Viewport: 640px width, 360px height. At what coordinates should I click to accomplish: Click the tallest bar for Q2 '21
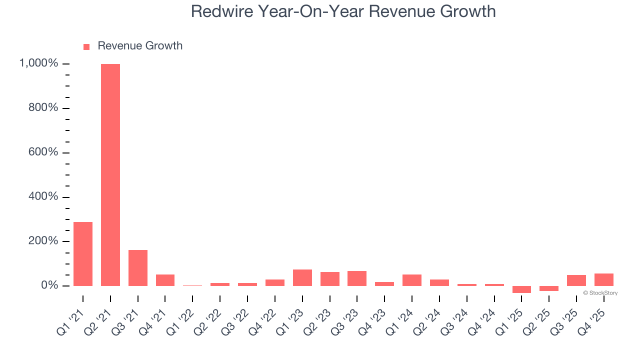[x=110, y=175]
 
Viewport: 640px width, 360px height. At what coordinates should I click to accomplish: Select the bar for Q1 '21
[x=83, y=254]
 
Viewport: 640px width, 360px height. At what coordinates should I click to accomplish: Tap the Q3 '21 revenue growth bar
[x=138, y=268]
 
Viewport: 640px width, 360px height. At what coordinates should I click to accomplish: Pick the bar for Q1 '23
[x=302, y=278]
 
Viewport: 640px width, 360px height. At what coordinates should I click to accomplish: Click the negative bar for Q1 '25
[x=521, y=289]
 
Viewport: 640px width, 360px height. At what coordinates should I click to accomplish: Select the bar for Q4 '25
[x=604, y=280]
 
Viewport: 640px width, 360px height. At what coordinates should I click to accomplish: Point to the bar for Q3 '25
[x=576, y=280]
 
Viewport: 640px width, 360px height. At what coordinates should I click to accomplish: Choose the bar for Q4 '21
[x=165, y=280]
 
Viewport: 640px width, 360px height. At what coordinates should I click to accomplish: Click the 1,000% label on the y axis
[x=38, y=63]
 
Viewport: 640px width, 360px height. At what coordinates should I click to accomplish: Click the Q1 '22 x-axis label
[x=178, y=320]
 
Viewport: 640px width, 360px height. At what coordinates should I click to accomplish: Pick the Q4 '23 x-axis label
[x=370, y=320]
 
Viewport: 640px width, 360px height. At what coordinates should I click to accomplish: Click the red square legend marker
[x=86, y=46]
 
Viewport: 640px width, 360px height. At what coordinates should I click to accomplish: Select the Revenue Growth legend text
[x=140, y=46]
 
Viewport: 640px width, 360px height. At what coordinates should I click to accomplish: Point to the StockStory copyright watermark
[x=600, y=293]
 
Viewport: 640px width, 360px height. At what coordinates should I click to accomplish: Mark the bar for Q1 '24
[x=412, y=280]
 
